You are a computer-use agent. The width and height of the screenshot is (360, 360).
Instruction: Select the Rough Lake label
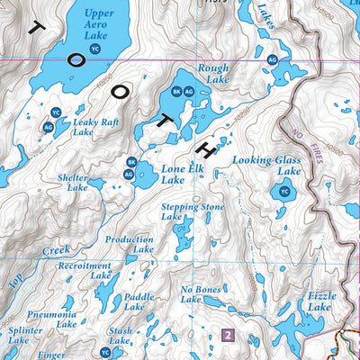(x=213, y=74)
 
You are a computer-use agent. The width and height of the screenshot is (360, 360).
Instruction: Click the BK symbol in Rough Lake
(x=176, y=91)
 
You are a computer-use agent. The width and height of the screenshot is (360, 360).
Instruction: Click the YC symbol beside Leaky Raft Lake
(x=56, y=112)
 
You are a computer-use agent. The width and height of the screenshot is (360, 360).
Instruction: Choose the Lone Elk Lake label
(x=173, y=174)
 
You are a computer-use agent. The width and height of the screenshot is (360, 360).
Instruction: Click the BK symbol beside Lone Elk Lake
(x=130, y=162)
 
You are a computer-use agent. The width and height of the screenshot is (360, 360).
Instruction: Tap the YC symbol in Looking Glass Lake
(x=285, y=192)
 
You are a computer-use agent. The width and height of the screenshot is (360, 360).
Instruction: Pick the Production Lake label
(x=130, y=245)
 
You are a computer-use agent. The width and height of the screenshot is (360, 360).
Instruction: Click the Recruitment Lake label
(x=85, y=271)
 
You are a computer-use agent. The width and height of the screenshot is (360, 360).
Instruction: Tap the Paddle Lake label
(x=139, y=301)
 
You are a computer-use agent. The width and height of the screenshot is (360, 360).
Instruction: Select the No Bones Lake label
(x=200, y=294)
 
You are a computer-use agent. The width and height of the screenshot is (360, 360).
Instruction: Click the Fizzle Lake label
(x=321, y=301)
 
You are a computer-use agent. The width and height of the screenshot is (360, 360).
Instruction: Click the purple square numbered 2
(x=228, y=336)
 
